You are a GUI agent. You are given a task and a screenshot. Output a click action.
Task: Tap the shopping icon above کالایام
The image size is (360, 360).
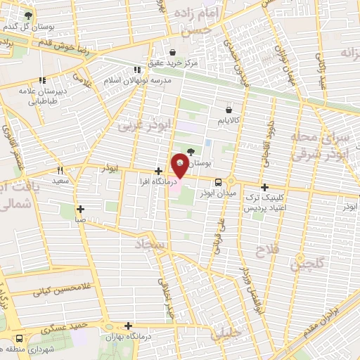click(229, 109)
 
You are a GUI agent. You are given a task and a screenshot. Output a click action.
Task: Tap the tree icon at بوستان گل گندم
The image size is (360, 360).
click(28, 15)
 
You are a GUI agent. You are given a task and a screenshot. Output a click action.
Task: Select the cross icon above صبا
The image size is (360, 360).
click(80, 209)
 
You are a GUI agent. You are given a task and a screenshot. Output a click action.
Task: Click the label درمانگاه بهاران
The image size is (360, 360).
click(127, 336)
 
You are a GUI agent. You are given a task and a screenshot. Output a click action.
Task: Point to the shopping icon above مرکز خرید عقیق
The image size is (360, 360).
click(173, 51)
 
